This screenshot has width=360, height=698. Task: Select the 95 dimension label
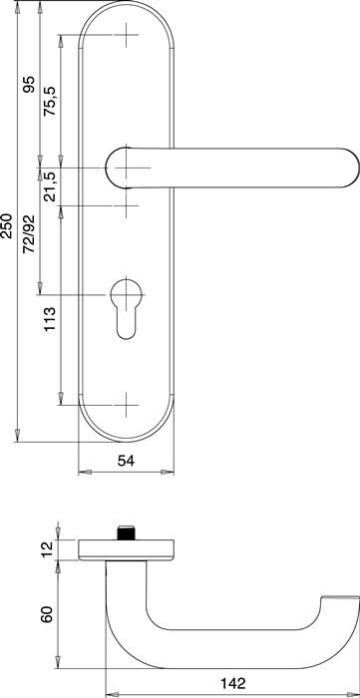[x=29, y=87]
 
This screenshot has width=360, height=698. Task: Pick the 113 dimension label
[x=50, y=320]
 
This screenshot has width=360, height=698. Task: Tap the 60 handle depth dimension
[x=44, y=613]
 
